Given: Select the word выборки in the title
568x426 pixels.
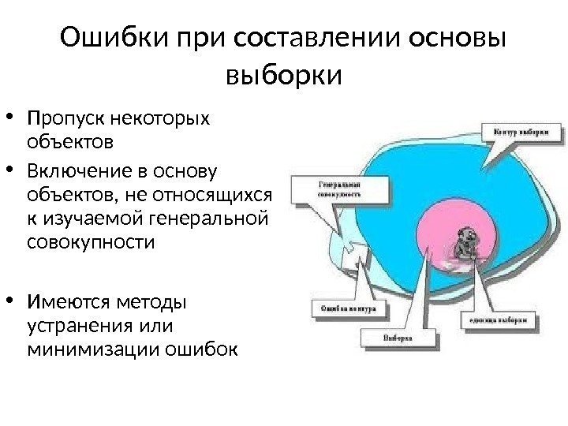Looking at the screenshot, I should [283, 77].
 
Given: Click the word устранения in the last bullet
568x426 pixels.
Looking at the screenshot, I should [75, 325].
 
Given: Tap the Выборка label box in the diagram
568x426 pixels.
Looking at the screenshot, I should [399, 339].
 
